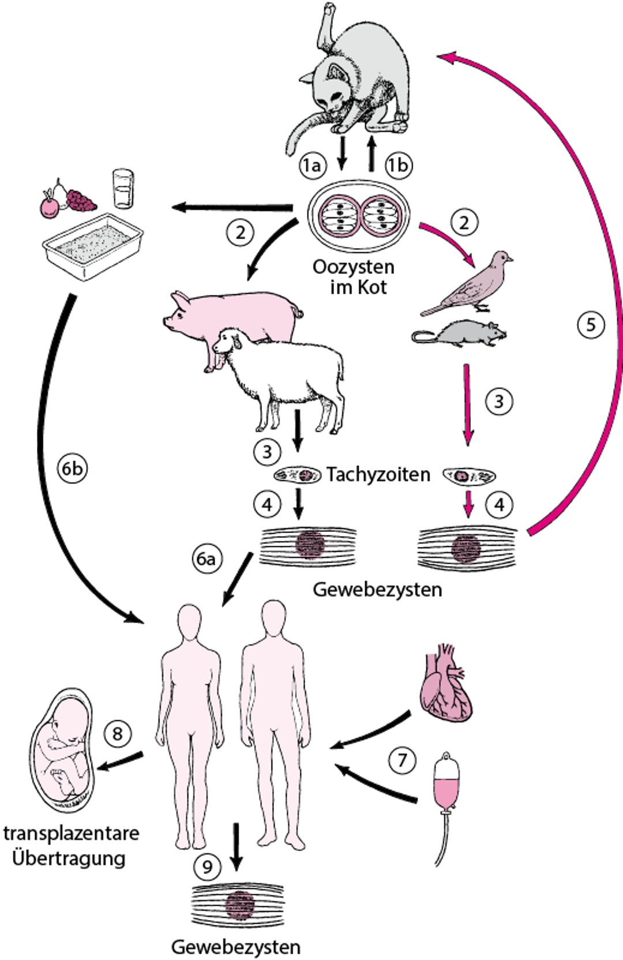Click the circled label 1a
(312, 166)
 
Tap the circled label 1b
(398, 166)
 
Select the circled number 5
(591, 324)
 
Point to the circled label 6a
(206, 559)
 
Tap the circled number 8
(118, 733)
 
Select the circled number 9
(208, 866)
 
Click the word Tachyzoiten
(378, 474)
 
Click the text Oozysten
(354, 267)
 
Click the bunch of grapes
(81, 200)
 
